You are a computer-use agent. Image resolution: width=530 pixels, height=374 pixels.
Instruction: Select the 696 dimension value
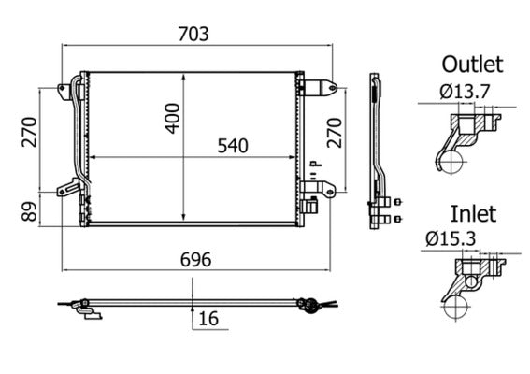[193, 259]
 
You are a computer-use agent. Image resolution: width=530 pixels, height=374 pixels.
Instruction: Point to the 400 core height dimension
[172, 113]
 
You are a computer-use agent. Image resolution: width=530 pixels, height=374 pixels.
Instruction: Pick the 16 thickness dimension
[208, 319]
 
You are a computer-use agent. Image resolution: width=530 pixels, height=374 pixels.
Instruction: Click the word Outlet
[472, 64]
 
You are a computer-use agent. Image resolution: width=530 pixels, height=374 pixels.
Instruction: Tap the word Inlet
[473, 213]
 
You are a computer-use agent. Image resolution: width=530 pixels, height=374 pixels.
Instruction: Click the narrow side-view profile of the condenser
[378, 150]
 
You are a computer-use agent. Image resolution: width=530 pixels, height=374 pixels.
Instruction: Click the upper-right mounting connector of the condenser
[320, 87]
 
